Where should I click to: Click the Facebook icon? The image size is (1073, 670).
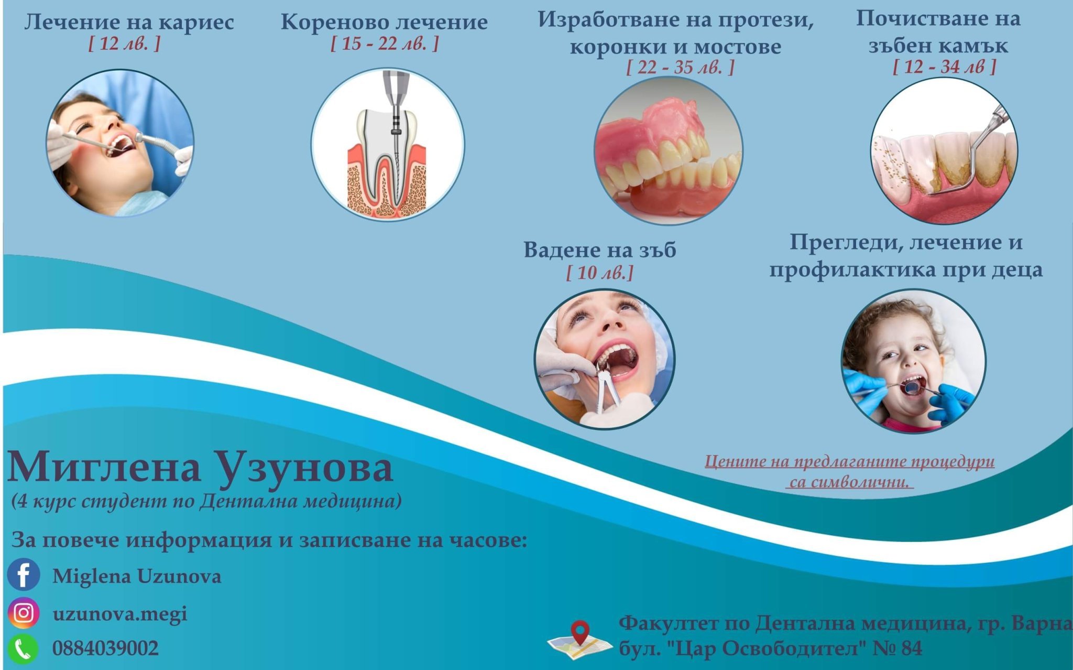[x=24, y=575]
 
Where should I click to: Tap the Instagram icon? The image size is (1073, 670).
[x=24, y=613]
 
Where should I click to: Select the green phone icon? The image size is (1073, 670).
[x=23, y=649]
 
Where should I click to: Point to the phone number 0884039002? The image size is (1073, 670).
[x=105, y=649]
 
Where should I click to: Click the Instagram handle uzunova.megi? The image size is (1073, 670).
[x=120, y=614]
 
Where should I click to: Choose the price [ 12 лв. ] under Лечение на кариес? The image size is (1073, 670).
[x=124, y=44]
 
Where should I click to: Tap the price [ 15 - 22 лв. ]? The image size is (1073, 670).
[x=385, y=44]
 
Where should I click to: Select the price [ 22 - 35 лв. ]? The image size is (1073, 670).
[x=681, y=67]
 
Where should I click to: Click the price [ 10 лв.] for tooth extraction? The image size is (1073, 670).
[x=600, y=273]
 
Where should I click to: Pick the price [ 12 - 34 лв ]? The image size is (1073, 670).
[x=944, y=67]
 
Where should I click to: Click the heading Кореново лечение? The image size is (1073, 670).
[x=384, y=22]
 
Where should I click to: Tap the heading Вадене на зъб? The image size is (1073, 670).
[x=600, y=250]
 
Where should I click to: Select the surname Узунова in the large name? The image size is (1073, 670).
[x=305, y=468]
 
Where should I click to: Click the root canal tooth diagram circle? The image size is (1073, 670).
[x=388, y=144]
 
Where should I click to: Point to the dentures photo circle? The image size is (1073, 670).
[x=669, y=151]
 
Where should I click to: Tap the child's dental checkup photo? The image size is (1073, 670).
[x=914, y=361]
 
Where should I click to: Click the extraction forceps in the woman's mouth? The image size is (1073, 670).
[x=608, y=385]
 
